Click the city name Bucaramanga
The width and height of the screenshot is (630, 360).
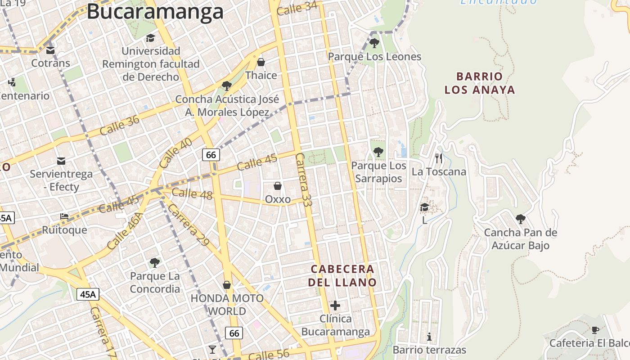pyautogui.click(x=155, y=12)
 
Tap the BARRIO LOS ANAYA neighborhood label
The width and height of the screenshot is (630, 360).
pyautogui.click(x=479, y=83)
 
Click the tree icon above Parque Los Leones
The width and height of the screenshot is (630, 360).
pyautogui.click(x=374, y=43)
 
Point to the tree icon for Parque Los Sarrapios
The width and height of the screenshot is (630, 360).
pyautogui.click(x=378, y=152)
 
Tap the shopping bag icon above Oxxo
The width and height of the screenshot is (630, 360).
pyautogui.click(x=278, y=186)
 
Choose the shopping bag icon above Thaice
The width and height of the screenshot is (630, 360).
pyautogui.click(x=261, y=62)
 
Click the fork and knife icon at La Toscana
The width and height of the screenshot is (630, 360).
pyautogui.click(x=439, y=158)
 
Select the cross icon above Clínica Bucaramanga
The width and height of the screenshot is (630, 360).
pyautogui.click(x=335, y=306)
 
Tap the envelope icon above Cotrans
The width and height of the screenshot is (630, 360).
pyautogui.click(x=50, y=50)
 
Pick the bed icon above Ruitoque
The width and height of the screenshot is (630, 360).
pyautogui.click(x=64, y=216)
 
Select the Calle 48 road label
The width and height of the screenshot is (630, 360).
pyautogui.click(x=192, y=193)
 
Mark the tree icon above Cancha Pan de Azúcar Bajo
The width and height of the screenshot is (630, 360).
pyautogui.click(x=521, y=219)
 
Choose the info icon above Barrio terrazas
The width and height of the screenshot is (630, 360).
pyautogui.click(x=429, y=337)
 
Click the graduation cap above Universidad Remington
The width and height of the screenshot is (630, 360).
pyautogui.click(x=150, y=38)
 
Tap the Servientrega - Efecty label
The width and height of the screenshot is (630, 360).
pyautogui.click(x=61, y=180)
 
